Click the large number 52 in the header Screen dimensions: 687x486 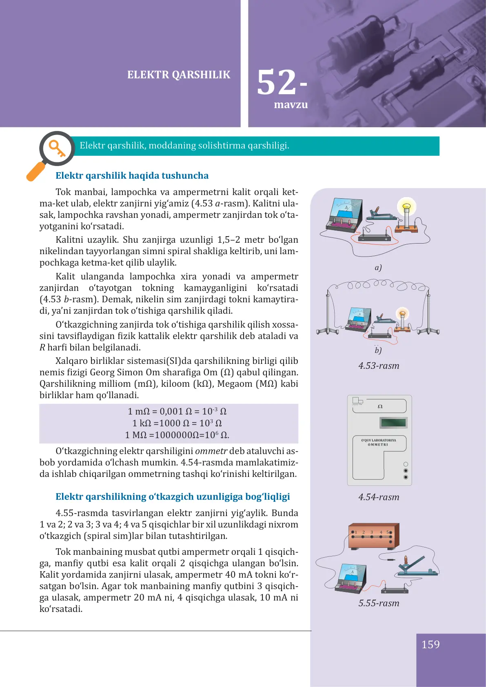277,82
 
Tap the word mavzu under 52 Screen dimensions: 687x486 291,105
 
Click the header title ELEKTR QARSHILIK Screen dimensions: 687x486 179,75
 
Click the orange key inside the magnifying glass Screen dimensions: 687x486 57,148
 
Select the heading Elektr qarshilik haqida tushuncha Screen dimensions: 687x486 132,175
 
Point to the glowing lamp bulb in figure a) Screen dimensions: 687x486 406,206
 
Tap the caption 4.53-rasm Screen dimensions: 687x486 379,366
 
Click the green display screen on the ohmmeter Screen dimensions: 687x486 393,423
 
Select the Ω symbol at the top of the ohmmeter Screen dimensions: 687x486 380,406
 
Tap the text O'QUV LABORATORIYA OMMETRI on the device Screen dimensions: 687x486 378,442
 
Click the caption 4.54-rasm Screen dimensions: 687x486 379,497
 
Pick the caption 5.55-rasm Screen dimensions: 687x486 379,603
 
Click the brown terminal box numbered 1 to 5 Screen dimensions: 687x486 373,536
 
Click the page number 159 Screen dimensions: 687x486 431,645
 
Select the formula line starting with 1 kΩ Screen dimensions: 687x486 177,423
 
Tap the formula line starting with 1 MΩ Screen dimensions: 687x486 177,435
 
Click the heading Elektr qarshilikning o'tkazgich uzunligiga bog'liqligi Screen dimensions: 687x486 173,496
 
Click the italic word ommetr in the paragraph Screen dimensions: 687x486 211,451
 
